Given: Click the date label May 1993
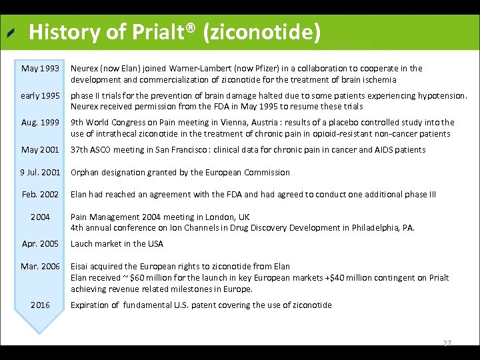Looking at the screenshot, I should (x=40, y=69).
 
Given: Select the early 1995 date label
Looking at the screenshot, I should (x=40, y=96).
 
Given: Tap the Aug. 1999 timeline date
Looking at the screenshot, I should (x=40, y=123).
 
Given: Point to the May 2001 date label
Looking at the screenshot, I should (x=40, y=150).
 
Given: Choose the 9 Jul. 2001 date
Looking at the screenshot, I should (x=40, y=173).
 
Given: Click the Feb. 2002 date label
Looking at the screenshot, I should (x=40, y=195).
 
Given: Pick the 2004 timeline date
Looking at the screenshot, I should (x=40, y=217).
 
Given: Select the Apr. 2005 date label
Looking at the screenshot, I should (x=40, y=244).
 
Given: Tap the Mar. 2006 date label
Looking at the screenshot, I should (x=40, y=267).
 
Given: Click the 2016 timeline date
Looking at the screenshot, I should (x=40, y=305).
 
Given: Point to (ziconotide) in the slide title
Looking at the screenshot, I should (x=265, y=31).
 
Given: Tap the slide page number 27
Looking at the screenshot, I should (x=447, y=343).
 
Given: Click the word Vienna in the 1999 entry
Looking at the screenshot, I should (x=253, y=123).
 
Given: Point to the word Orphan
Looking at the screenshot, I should (x=85, y=173).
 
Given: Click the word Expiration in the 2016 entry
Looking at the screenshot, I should (x=90, y=305).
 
